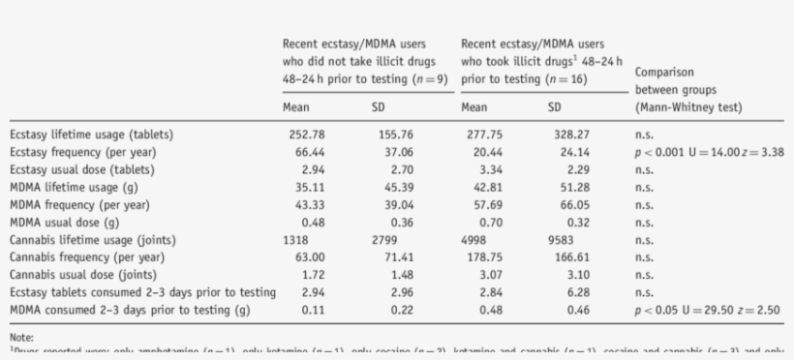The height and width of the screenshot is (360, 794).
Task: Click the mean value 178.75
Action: pyautogui.click(x=483, y=257)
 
